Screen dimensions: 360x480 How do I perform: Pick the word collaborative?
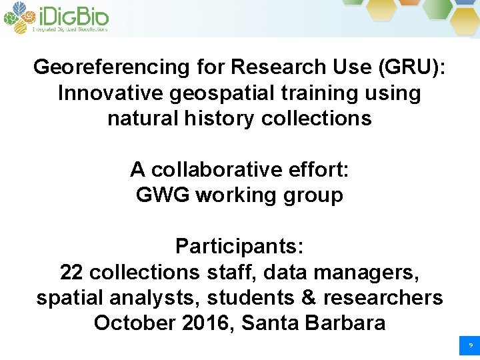[x=215, y=170]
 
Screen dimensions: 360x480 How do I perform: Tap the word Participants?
[x=240, y=247]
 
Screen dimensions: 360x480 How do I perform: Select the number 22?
[x=72, y=272]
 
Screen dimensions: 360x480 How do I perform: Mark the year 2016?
[x=209, y=323]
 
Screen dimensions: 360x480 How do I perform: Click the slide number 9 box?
[x=470, y=346]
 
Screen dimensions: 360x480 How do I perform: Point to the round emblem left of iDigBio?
[x=17, y=17]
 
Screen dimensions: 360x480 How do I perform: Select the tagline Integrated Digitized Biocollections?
[x=70, y=29]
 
